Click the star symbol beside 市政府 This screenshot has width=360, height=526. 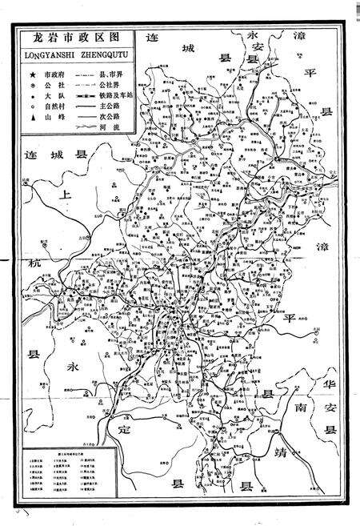click(x=32, y=73)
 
